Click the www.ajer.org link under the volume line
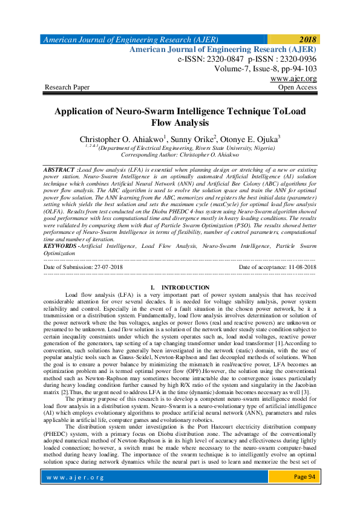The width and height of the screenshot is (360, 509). [x=293, y=79]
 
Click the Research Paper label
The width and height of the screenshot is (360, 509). [x=67, y=88]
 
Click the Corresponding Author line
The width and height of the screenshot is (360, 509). [x=180, y=155]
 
